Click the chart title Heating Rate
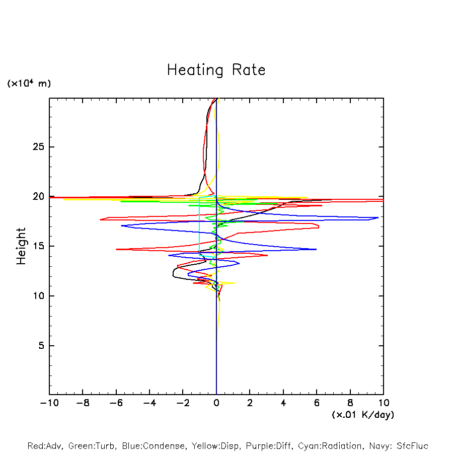(216, 70)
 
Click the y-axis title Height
(21, 246)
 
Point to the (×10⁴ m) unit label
(29, 84)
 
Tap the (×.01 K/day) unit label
(362, 415)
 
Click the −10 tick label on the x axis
(48, 403)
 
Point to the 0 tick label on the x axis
(216, 403)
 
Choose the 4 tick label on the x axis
(283, 403)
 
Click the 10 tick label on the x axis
(384, 403)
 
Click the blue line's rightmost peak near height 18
(378, 218)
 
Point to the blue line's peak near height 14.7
(316, 249)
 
